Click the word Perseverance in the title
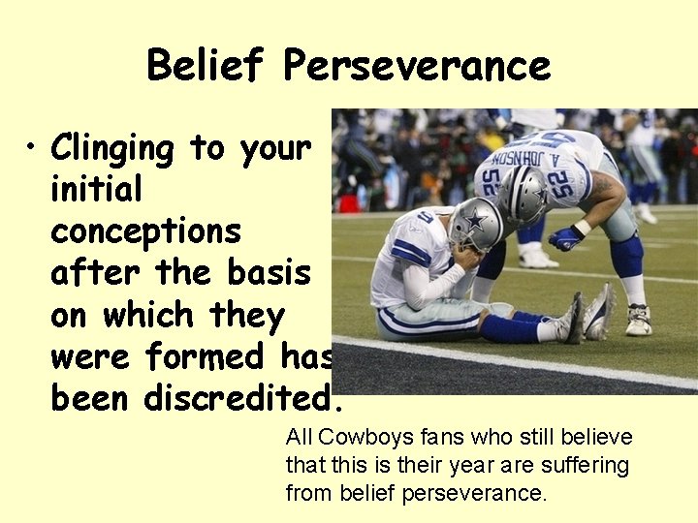tap(417, 66)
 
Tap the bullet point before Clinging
tap(33, 148)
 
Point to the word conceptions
tap(145, 232)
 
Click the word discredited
tap(242, 398)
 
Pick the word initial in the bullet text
tap(96, 190)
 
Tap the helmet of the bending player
tap(523, 194)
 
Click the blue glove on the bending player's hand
tap(565, 237)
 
